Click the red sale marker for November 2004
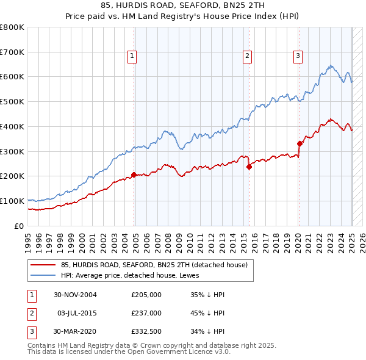pos(134,175)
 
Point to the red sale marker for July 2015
pos(249,167)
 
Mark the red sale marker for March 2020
pos(300,144)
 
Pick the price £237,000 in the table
pos(146,313)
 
